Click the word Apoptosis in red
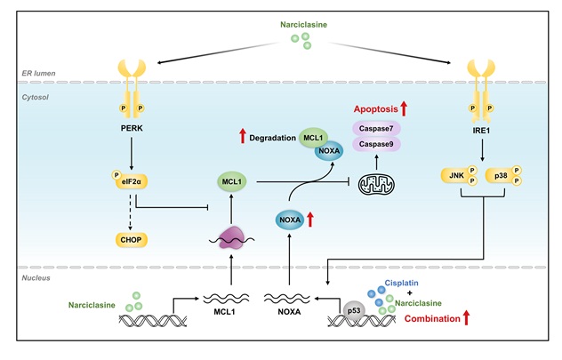pyautogui.click(x=371, y=108)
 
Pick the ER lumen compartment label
pyautogui.click(x=40, y=73)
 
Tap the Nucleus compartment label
pyautogui.click(x=36, y=277)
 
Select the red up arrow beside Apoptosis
pyautogui.click(x=405, y=108)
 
